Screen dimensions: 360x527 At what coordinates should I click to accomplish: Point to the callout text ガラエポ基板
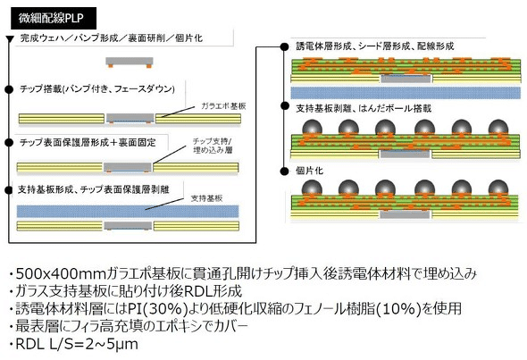pyautogui.click(x=223, y=105)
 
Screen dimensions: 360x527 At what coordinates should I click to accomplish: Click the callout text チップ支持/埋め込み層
pyautogui.click(x=218, y=147)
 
